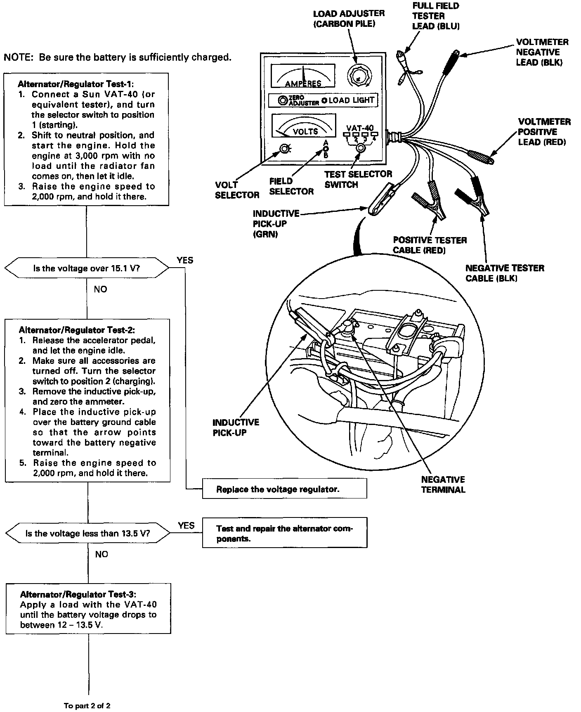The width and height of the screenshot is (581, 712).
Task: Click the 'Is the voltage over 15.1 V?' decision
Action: tap(86, 268)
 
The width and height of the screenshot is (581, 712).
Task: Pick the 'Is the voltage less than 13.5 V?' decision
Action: tap(87, 533)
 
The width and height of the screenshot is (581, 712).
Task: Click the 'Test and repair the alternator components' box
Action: tap(284, 533)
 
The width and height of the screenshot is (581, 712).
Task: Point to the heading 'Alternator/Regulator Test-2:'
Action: tap(77, 330)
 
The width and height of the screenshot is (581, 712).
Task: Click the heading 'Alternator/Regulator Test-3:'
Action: tap(77, 594)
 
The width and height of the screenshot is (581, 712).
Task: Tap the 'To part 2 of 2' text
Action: tap(87, 705)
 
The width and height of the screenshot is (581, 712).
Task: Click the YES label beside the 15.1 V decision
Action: tap(184, 260)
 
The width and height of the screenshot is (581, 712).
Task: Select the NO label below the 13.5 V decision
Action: tap(102, 554)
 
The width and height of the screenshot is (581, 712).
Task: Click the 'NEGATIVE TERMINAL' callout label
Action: tap(443, 484)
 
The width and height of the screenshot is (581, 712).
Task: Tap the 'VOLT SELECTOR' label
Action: tap(237, 190)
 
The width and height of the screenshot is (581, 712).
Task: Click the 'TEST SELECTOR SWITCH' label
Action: tap(358, 179)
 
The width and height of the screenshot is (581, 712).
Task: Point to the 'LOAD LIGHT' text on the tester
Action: tap(351, 100)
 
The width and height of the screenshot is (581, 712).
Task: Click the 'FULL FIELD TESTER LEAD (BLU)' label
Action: tap(435, 16)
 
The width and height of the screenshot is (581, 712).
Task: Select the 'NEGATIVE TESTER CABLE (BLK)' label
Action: tap(505, 273)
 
